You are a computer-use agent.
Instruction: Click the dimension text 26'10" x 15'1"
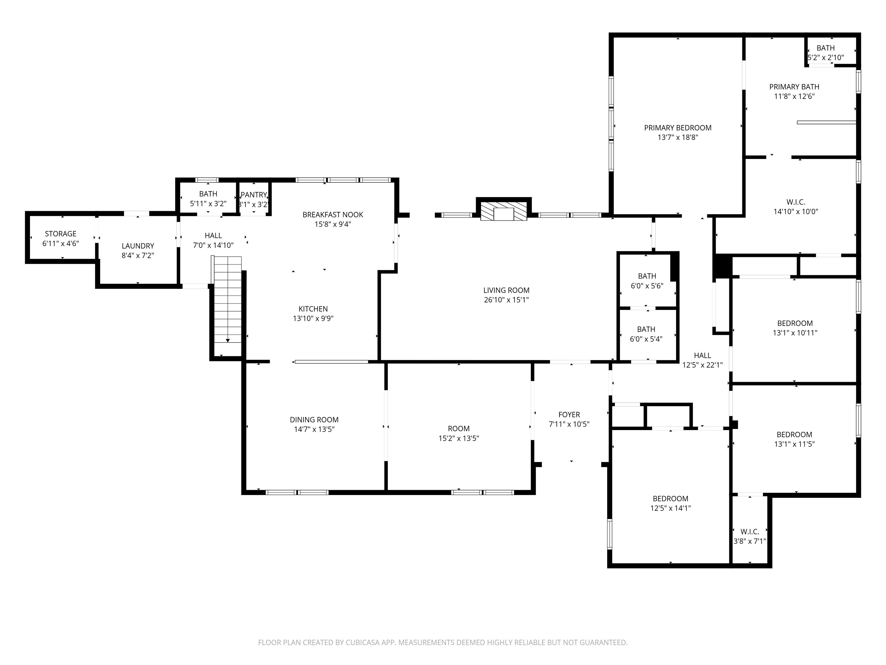506,300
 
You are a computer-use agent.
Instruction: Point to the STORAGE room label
61,234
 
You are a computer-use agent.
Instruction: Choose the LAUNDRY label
138,246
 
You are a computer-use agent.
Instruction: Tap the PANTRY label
254,195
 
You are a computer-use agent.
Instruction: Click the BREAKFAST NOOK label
333,215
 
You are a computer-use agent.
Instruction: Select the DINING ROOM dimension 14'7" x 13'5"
314,429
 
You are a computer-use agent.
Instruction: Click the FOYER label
569,414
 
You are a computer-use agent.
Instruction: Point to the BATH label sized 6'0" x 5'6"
647,276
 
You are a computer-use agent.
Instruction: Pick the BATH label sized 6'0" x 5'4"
646,329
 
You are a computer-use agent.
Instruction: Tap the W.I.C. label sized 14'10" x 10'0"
795,202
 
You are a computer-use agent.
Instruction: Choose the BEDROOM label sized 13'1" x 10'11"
795,323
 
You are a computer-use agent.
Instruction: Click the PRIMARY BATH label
794,87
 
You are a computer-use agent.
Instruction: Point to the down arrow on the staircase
228,340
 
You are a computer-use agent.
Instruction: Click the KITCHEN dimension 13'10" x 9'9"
313,319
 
